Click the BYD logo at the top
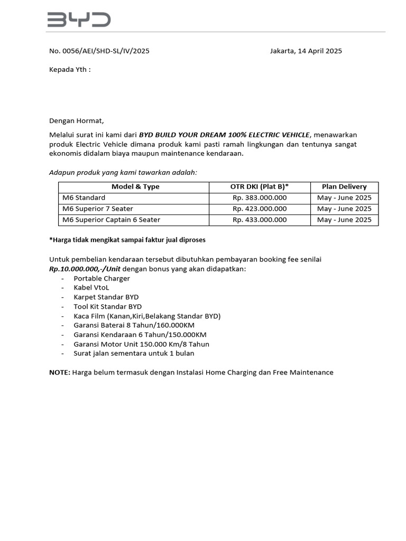[x=79, y=20]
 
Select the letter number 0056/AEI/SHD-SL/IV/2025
[x=99, y=51]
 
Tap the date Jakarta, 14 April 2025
[x=306, y=51]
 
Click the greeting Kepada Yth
[x=70, y=69]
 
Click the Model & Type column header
[x=135, y=186]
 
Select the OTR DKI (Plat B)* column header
[x=260, y=186]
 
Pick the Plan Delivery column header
[x=344, y=186]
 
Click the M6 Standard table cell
[x=84, y=198]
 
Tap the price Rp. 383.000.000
[x=260, y=198]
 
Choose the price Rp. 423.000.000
[x=260, y=209]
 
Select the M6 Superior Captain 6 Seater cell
[x=111, y=220]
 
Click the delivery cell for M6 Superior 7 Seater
[x=344, y=209]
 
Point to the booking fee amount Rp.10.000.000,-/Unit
[x=85, y=269]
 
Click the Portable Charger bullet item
[x=101, y=278]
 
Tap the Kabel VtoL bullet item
[x=91, y=288]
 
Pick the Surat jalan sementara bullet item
[x=134, y=353]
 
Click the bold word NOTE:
[x=60, y=372]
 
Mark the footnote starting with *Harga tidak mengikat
[x=127, y=240]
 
